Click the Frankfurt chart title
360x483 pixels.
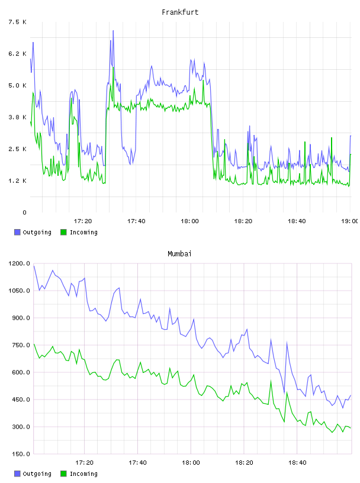[180, 12]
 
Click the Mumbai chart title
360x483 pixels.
[179, 253]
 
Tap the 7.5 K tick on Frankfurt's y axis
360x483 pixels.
[18, 22]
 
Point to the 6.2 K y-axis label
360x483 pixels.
[18, 54]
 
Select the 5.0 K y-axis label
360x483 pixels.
[18, 85]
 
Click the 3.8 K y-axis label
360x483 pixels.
[18, 117]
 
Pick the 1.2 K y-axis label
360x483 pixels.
[18, 181]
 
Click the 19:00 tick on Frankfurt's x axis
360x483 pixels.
[349, 221]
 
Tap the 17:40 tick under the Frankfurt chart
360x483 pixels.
[136, 221]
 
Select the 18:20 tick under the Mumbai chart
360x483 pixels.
[244, 462]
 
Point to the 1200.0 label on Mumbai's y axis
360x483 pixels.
[20, 263]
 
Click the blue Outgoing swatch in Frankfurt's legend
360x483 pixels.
[17, 232]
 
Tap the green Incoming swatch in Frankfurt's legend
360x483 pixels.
[63, 232]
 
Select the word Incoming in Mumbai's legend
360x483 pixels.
[83, 474]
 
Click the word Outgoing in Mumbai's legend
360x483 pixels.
[37, 474]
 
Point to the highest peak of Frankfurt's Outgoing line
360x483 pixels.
[113, 31]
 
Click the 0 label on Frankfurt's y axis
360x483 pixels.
[24, 212]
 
